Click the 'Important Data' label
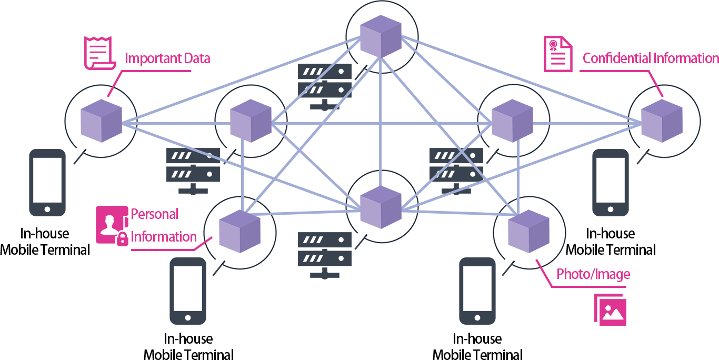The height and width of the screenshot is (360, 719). [167, 58]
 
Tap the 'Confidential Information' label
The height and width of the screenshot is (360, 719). [651, 58]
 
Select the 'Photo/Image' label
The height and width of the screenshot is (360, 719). [593, 274]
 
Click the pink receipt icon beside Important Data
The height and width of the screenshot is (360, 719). [99, 52]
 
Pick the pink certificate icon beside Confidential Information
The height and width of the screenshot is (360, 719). [558, 54]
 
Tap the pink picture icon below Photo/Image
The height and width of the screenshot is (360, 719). [611, 309]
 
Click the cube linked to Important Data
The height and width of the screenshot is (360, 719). [101, 121]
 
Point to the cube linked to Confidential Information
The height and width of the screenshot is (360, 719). [662, 121]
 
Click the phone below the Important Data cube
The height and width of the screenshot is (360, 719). [47, 183]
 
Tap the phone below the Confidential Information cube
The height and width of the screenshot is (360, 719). [611, 183]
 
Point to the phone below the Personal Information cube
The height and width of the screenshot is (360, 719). [188, 291]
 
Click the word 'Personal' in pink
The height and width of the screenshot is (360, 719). [155, 214]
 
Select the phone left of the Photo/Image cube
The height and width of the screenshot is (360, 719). [478, 291]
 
